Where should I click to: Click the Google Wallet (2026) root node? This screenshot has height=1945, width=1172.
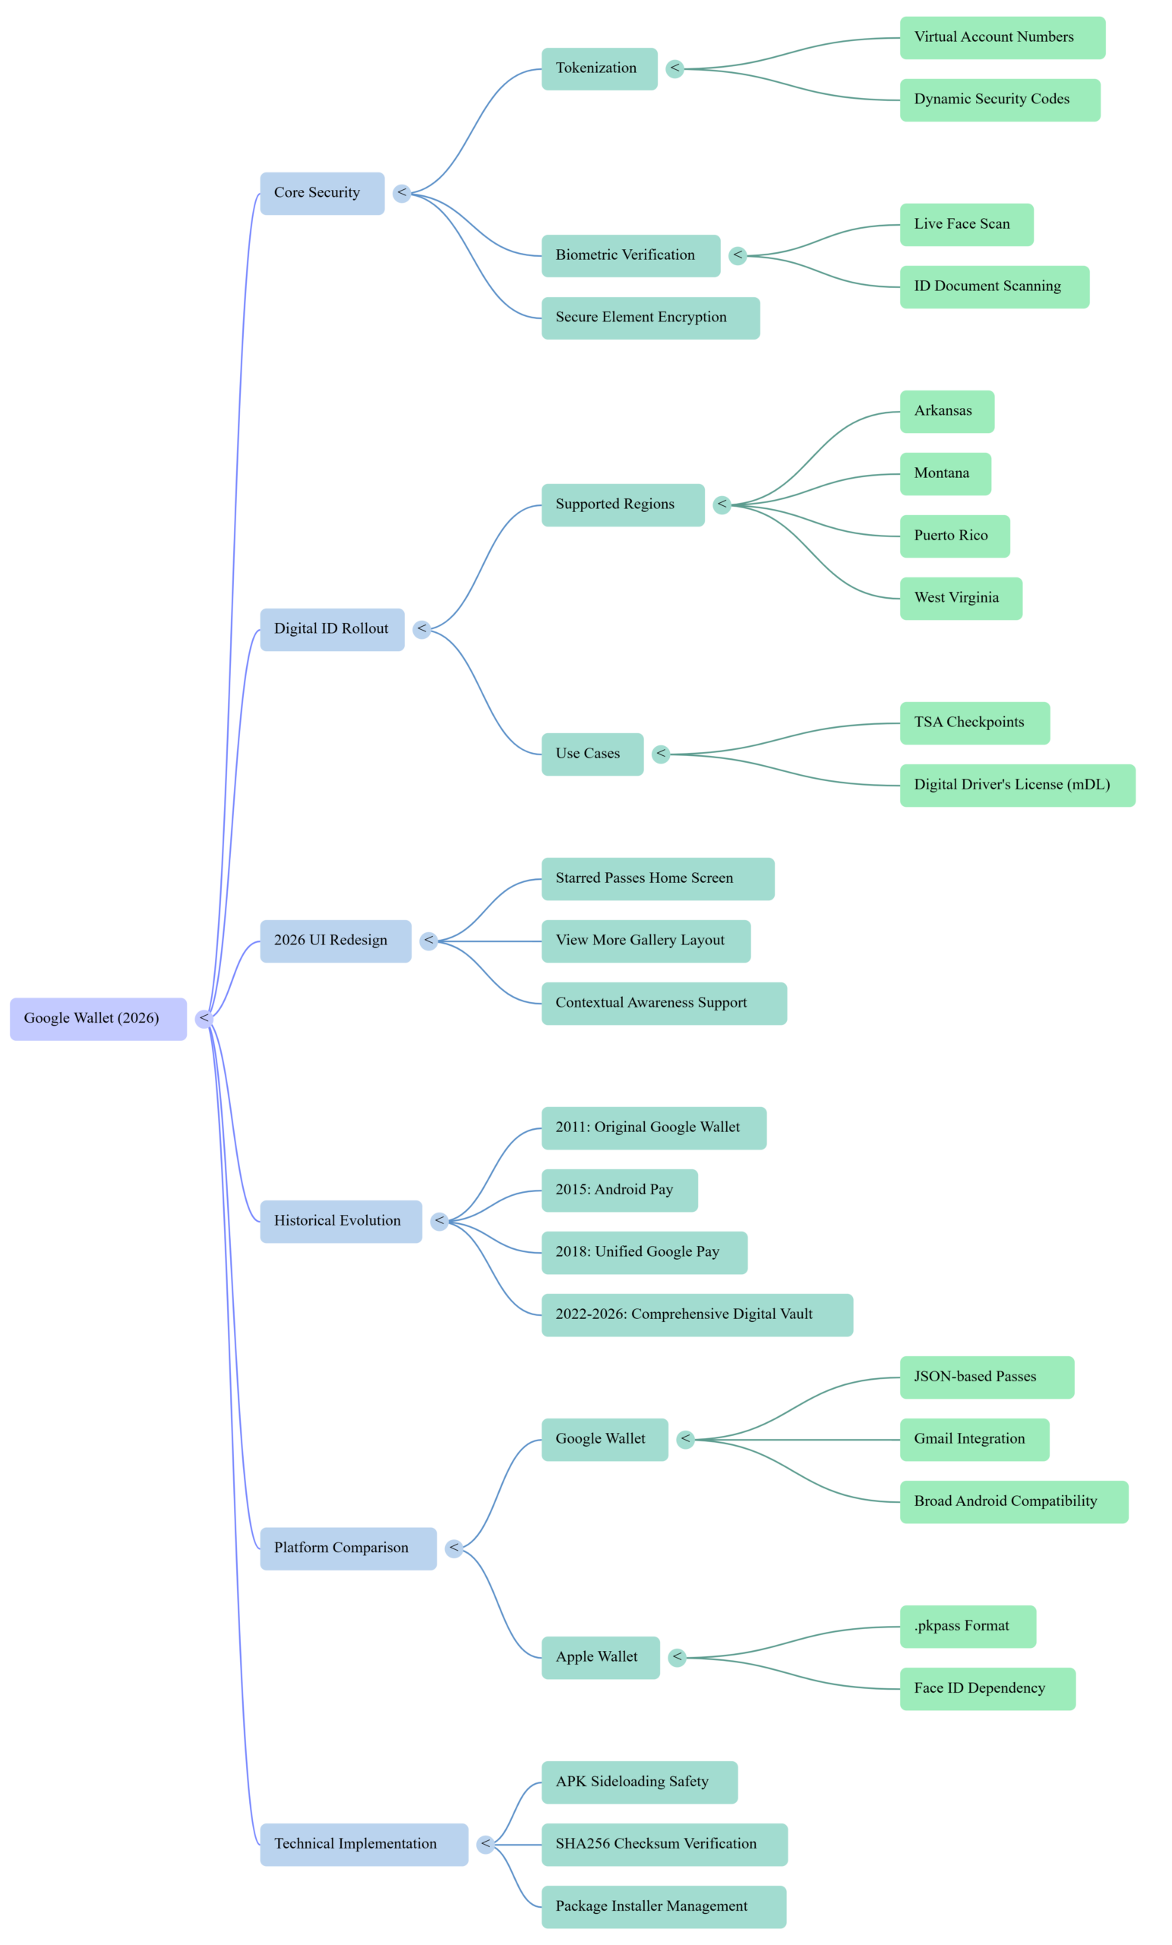pos(98,1018)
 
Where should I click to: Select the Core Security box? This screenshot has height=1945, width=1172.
pos(322,193)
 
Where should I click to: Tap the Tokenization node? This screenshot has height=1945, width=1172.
pos(599,68)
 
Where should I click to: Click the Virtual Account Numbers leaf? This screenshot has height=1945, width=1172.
pos(1002,37)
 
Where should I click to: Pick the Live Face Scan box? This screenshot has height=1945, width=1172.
pos(966,224)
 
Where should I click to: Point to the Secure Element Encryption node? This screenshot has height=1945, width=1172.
pos(649,318)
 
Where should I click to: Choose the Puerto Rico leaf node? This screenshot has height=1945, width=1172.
pos(954,536)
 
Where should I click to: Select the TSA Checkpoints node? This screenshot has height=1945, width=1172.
pos(974,723)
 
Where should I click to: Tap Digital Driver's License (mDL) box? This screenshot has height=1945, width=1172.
pos(1016,785)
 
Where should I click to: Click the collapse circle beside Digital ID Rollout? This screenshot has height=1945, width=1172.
pos(422,629)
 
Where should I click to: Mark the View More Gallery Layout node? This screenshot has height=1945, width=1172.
pos(645,940)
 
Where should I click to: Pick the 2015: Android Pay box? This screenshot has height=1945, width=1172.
pos(619,1190)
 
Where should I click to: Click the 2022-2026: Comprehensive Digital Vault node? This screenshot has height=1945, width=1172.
pos(696,1314)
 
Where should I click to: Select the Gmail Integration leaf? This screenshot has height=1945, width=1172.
pos(974,1439)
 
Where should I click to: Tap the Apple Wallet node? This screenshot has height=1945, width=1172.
pos(600,1657)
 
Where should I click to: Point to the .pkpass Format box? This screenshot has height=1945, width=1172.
pos(968,1626)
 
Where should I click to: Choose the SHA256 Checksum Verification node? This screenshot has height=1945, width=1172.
pos(664,1844)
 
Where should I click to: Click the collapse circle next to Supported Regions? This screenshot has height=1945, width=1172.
pos(722,504)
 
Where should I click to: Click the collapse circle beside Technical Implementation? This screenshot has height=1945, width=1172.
pos(485,1844)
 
